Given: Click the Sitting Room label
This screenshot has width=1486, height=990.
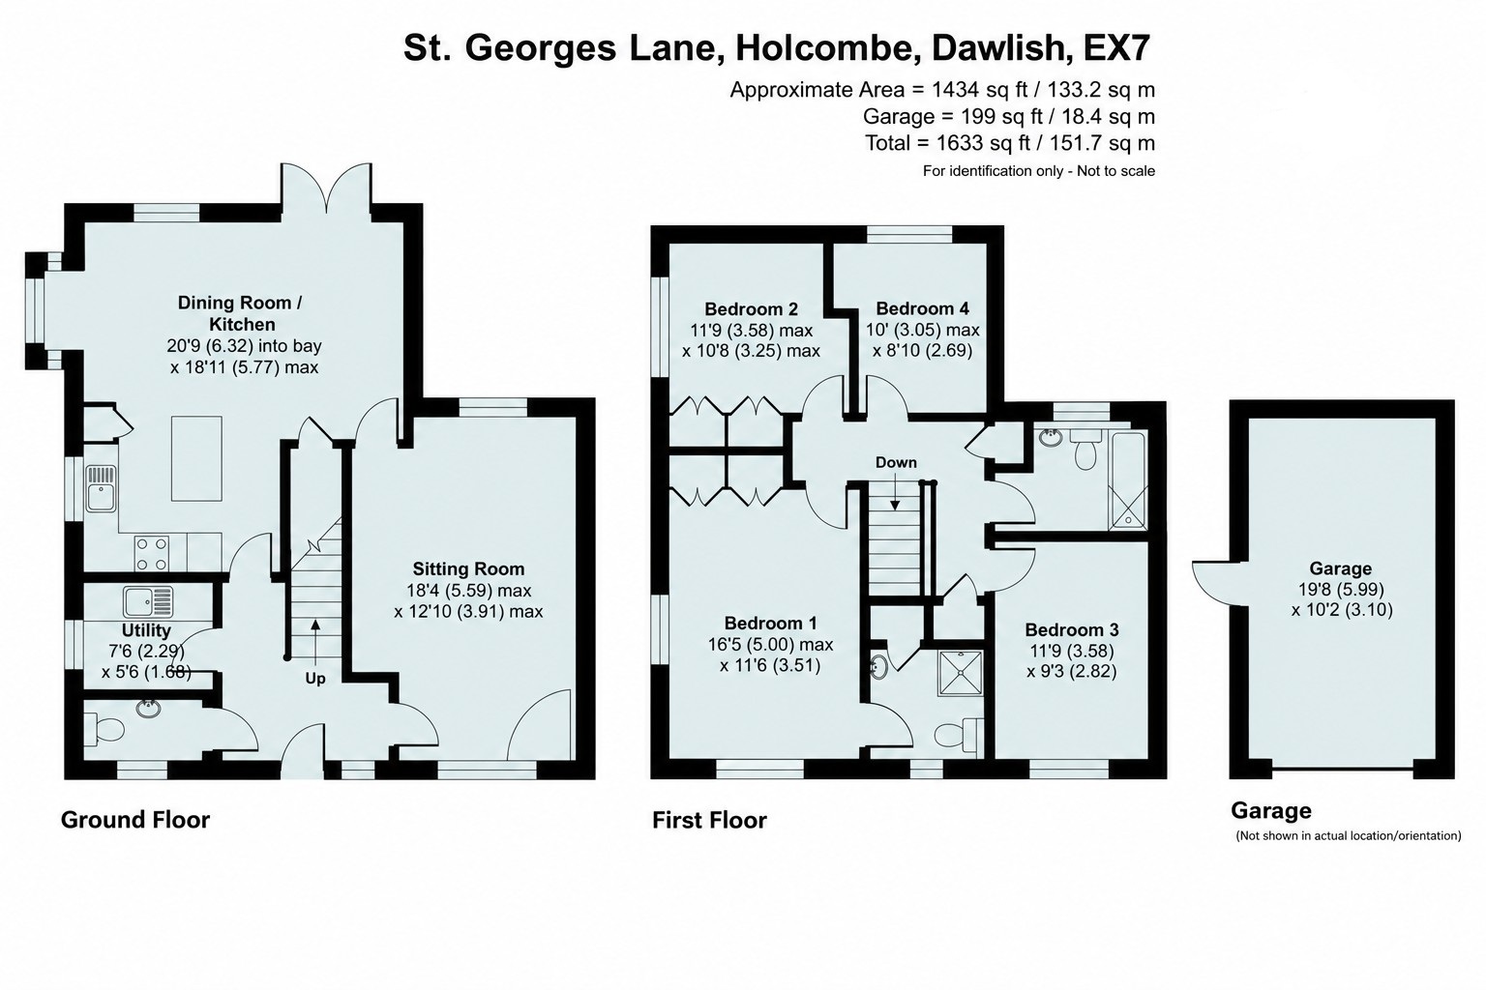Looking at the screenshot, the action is point(468,568).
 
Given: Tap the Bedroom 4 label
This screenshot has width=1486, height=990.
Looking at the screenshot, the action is point(922,308).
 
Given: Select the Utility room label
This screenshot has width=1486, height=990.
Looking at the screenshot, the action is point(146,630).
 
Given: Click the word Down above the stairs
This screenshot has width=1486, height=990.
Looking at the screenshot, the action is point(896,462).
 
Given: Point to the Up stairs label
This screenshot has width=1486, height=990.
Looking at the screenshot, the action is point(315,679).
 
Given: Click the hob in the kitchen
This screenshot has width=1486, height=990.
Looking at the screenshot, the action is point(151,553).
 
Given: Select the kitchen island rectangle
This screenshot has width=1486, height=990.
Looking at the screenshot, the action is point(196,458).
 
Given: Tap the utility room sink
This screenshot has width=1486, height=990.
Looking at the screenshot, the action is point(148,601).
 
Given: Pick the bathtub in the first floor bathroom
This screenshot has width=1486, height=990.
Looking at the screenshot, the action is point(1128,480).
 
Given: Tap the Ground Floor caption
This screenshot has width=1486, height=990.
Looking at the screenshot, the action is point(135,820).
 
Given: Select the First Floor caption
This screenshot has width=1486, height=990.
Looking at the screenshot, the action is point(709,820).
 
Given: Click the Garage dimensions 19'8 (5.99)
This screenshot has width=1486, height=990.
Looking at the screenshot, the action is point(1340,589).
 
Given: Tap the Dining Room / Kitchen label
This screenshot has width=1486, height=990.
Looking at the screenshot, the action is point(240,313).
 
